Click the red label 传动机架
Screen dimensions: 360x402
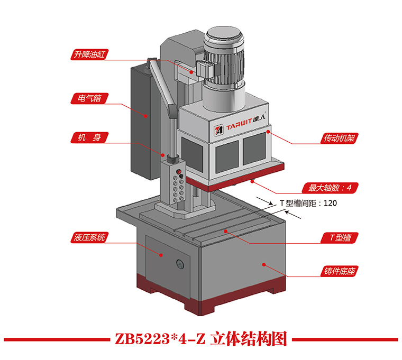tap(339, 139)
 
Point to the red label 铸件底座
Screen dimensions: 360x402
tap(339, 272)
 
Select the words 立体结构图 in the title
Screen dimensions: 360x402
tap(249, 339)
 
